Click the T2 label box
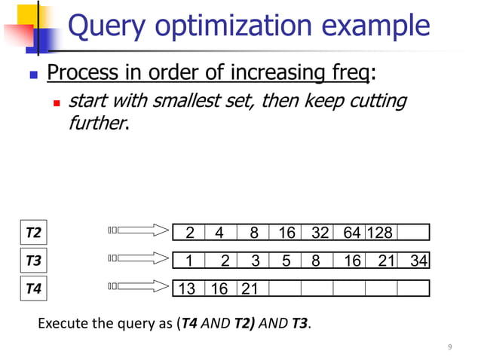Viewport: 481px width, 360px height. point(32,233)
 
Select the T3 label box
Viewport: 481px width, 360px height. point(32,261)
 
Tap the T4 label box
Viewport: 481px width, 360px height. point(32,288)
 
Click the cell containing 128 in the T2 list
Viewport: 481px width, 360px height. point(379,233)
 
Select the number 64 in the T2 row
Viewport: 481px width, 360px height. point(351,233)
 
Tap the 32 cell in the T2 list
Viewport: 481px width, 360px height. point(320,233)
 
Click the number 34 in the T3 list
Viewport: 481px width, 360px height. point(419,261)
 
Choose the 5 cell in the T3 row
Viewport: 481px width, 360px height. point(286,261)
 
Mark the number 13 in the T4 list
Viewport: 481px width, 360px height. point(187,288)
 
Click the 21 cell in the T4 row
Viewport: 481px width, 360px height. point(249,288)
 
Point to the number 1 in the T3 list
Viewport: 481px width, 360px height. point(189,261)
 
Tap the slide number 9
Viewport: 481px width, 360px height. point(450,346)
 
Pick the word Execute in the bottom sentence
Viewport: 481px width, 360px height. point(62,325)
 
